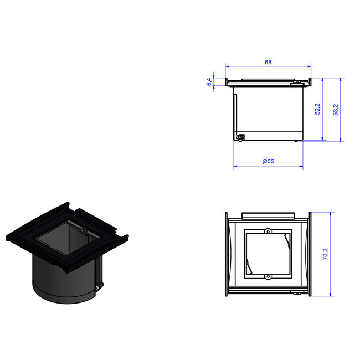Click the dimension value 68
268,63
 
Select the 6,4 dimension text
209,82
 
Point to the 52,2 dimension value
317,109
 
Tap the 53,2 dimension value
335,109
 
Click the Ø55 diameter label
268,161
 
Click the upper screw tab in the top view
268,230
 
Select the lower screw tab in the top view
268,276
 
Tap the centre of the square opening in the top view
268,253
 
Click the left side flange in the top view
227,255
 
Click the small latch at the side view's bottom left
241,137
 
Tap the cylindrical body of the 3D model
61,280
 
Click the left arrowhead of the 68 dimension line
227,68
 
